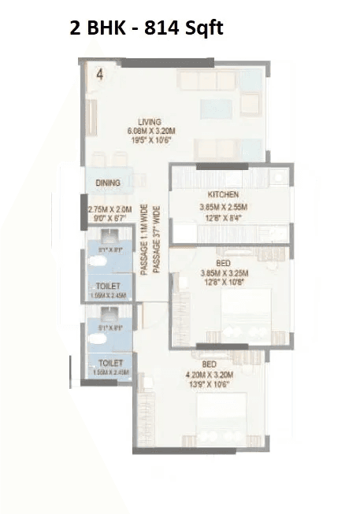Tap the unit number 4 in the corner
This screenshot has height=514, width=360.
point(99,75)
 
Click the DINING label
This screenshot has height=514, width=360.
point(108,183)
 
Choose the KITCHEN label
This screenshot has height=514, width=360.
point(223,194)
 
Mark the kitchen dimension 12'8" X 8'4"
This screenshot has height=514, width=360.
point(223,218)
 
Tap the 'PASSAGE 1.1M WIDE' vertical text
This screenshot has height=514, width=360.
point(144,239)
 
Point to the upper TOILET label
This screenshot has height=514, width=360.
point(108,285)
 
